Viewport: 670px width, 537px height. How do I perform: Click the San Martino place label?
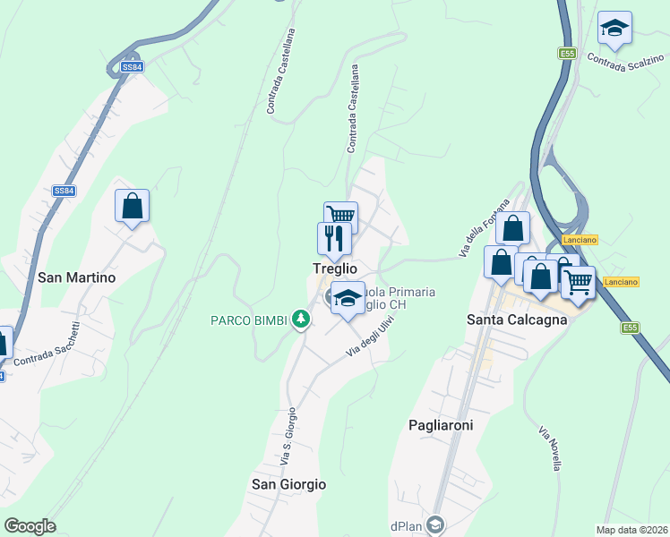point(77,277)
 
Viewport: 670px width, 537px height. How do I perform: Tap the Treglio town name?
point(335,268)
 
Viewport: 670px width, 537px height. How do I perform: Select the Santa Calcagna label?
point(518,320)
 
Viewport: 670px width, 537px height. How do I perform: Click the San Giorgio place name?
point(288,484)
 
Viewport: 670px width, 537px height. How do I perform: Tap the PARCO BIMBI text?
point(248,320)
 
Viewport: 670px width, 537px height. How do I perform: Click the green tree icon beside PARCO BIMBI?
point(302,319)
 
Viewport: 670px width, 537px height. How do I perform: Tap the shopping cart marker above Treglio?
point(341,216)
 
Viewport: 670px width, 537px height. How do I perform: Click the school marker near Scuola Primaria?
point(347,298)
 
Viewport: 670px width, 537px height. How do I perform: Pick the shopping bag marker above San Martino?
point(132,206)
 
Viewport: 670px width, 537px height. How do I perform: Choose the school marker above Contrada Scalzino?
point(614,28)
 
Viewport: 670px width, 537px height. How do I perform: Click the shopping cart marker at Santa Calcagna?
point(578,282)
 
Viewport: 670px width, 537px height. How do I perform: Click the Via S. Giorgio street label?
point(288,438)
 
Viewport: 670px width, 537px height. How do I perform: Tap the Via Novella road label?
point(551,448)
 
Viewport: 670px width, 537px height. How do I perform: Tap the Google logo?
point(30,525)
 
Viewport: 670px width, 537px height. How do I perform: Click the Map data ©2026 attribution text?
point(631,530)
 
